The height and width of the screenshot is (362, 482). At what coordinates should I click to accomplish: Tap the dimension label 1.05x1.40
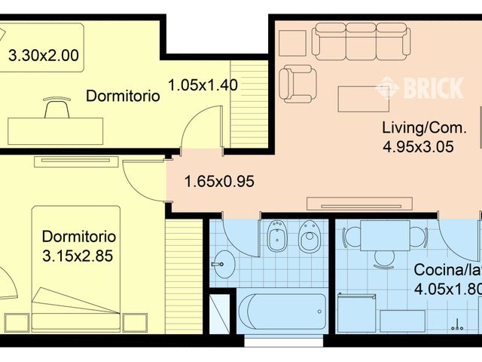click(x=203, y=85)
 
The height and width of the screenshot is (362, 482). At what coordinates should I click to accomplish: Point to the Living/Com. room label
click(x=423, y=127)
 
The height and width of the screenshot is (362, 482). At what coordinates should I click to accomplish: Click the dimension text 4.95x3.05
click(x=418, y=148)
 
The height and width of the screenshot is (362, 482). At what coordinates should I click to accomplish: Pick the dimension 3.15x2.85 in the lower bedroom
click(x=78, y=256)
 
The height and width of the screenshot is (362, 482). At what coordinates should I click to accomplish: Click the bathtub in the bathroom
click(x=283, y=311)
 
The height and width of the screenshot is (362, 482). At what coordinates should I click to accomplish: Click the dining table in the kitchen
click(x=385, y=235)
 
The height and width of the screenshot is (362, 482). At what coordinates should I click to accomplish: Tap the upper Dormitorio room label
click(x=124, y=97)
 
